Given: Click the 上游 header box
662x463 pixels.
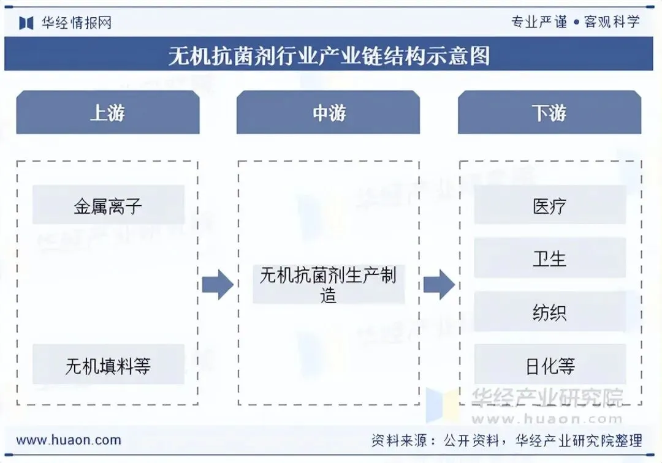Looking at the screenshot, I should coord(107,113).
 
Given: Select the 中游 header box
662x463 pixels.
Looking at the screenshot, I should coord(328,113).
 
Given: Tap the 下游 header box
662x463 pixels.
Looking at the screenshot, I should coord(549,113).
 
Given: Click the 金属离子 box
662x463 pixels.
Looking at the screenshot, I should coord(108,205).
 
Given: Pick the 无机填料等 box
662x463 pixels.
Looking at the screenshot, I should coord(108,366).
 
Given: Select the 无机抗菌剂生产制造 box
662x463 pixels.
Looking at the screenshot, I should coord(329,285).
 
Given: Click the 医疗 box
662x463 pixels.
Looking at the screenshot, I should coord(549,205).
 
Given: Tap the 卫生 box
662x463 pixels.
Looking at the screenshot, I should coord(549,258).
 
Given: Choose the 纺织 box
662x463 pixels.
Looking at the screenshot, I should coord(549,312).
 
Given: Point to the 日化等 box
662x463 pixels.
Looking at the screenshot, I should coord(549,366).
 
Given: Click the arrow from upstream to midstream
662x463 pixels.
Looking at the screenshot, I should coord(218,284).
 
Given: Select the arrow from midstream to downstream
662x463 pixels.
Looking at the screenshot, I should coord(439,284).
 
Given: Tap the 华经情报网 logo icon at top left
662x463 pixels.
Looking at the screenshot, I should coord(26,23).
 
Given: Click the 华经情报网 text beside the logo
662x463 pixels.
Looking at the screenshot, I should coord(77,23).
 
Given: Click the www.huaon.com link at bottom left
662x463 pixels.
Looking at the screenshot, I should coord(69,440).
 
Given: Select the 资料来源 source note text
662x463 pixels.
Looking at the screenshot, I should coord(506,440).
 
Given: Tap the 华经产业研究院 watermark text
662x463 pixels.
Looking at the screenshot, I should coord(547,398).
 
